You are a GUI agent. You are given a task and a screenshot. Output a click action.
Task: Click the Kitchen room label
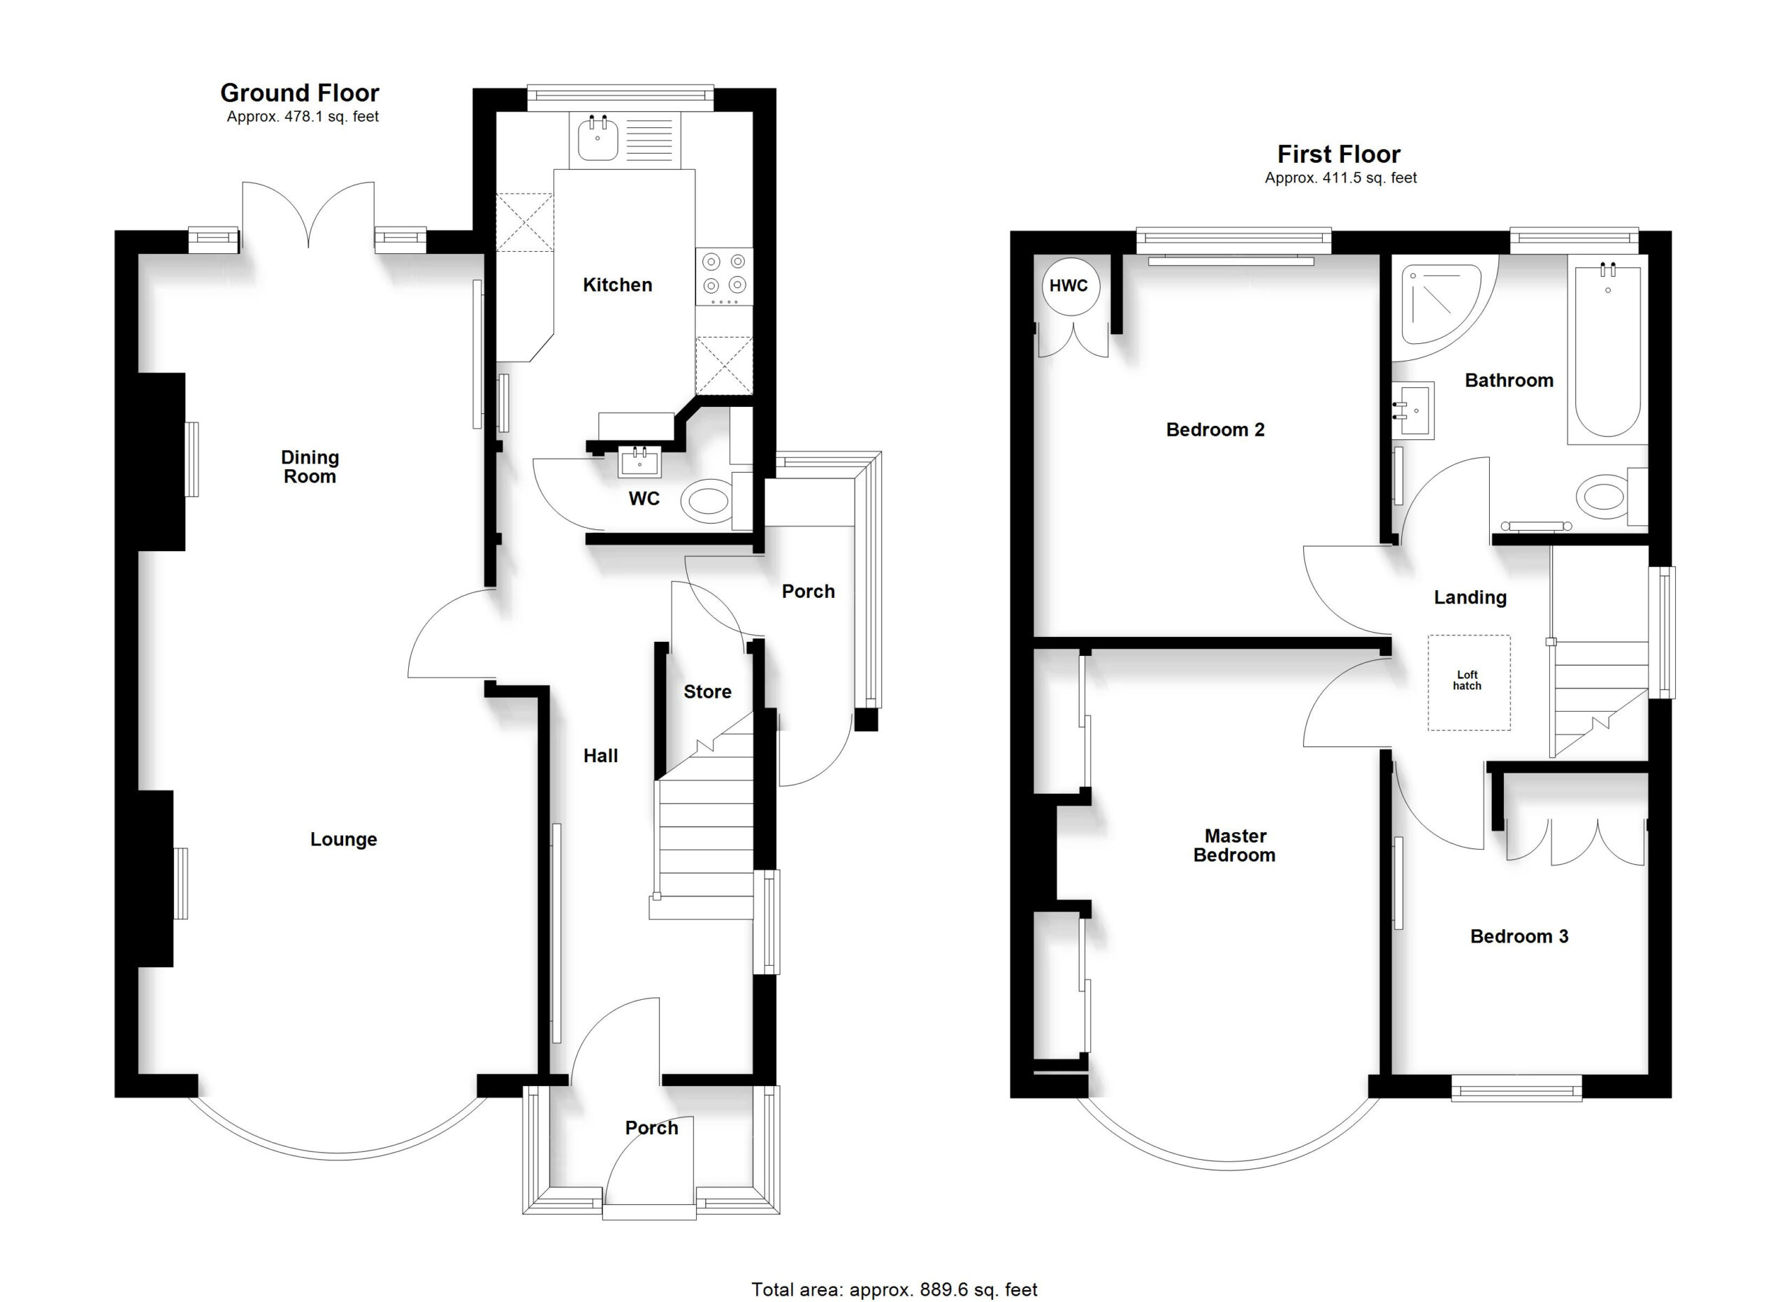click(617, 285)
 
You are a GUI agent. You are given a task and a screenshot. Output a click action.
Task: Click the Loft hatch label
click(1467, 680)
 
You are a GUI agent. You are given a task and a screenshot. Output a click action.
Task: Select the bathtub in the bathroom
click(1607, 350)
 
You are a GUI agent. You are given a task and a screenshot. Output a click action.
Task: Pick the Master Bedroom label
click(1234, 845)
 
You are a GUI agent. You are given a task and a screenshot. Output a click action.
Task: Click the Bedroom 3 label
click(1519, 937)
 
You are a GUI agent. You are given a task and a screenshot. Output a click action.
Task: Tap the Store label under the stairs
click(707, 692)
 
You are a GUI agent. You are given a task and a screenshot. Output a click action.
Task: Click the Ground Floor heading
click(300, 93)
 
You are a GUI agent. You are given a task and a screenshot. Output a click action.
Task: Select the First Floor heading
click(1340, 154)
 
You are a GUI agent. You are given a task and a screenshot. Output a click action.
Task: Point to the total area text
click(894, 1289)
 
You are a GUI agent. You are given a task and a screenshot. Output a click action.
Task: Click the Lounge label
click(344, 840)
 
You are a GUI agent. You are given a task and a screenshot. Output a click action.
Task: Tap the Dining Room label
click(310, 467)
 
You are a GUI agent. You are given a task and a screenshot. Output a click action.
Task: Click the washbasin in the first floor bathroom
click(1413, 410)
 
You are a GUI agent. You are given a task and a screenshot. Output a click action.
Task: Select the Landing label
click(1470, 598)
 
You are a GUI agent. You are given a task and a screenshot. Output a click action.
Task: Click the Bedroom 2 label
click(1215, 430)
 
